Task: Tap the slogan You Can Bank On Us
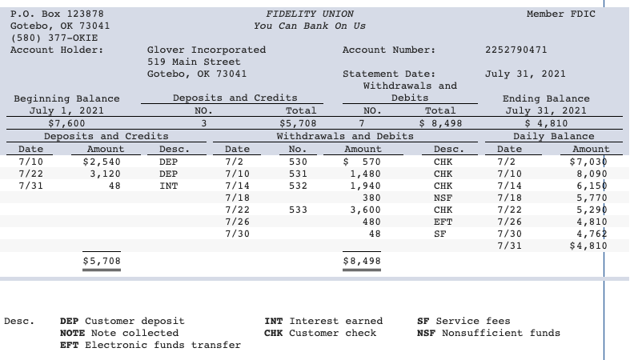tap(309, 26)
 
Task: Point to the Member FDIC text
tap(560, 14)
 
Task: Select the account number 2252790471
tap(516, 50)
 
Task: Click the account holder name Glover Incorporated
tap(207, 50)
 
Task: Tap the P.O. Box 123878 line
tap(56, 14)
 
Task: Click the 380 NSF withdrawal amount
tap(371, 198)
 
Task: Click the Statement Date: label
tap(389, 74)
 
